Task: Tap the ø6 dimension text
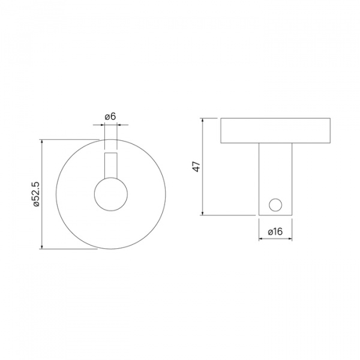(110, 115)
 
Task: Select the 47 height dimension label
(196, 166)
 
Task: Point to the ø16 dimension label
(275, 231)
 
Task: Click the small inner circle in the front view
(110, 194)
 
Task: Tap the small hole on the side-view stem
(275, 204)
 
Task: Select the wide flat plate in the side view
(275, 131)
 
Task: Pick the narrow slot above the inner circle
(110, 165)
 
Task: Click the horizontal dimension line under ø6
(110, 125)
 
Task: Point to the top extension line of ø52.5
(69, 140)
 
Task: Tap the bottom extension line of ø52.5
(69, 249)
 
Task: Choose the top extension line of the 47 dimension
(211, 118)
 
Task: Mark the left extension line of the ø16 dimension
(259, 228)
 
